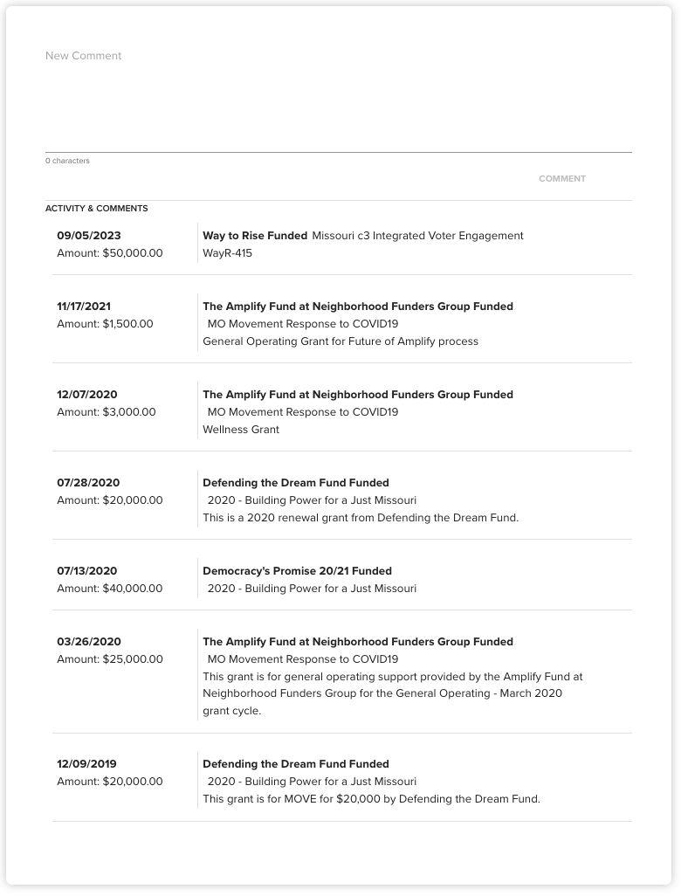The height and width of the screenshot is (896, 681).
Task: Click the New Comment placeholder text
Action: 84,56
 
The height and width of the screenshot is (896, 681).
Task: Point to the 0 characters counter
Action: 67,161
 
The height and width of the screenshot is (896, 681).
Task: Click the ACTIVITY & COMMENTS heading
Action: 97,209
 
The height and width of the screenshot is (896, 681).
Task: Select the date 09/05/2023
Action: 89,236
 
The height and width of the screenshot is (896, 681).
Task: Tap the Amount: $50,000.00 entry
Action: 110,253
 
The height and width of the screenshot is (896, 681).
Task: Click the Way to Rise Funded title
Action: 255,236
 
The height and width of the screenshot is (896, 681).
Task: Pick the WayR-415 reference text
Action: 227,253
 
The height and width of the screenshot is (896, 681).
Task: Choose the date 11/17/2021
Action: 84,307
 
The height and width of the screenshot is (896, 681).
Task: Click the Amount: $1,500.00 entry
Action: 105,324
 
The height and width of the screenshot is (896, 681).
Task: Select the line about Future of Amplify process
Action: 340,341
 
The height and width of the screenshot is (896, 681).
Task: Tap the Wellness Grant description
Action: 241,430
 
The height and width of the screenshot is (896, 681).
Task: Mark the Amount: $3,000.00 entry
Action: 107,412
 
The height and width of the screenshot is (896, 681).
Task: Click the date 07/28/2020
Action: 88,483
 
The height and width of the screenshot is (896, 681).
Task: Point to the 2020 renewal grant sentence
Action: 361,518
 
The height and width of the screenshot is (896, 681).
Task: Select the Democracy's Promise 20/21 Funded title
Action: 297,571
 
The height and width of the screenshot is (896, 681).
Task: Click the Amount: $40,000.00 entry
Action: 110,589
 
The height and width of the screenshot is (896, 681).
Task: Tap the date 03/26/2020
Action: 89,642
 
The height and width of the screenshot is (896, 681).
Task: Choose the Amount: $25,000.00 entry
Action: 110,659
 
